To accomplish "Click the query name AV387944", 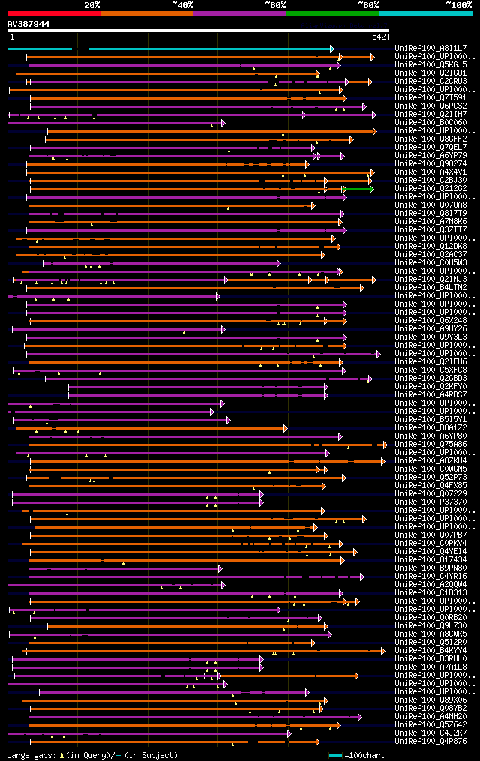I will [28, 24].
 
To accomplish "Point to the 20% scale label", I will [92, 4].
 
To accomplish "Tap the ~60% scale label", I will [275, 4].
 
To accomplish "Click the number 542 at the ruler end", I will [379, 37].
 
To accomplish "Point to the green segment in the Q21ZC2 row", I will [359, 189].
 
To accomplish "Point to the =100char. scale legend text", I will [365, 755].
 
